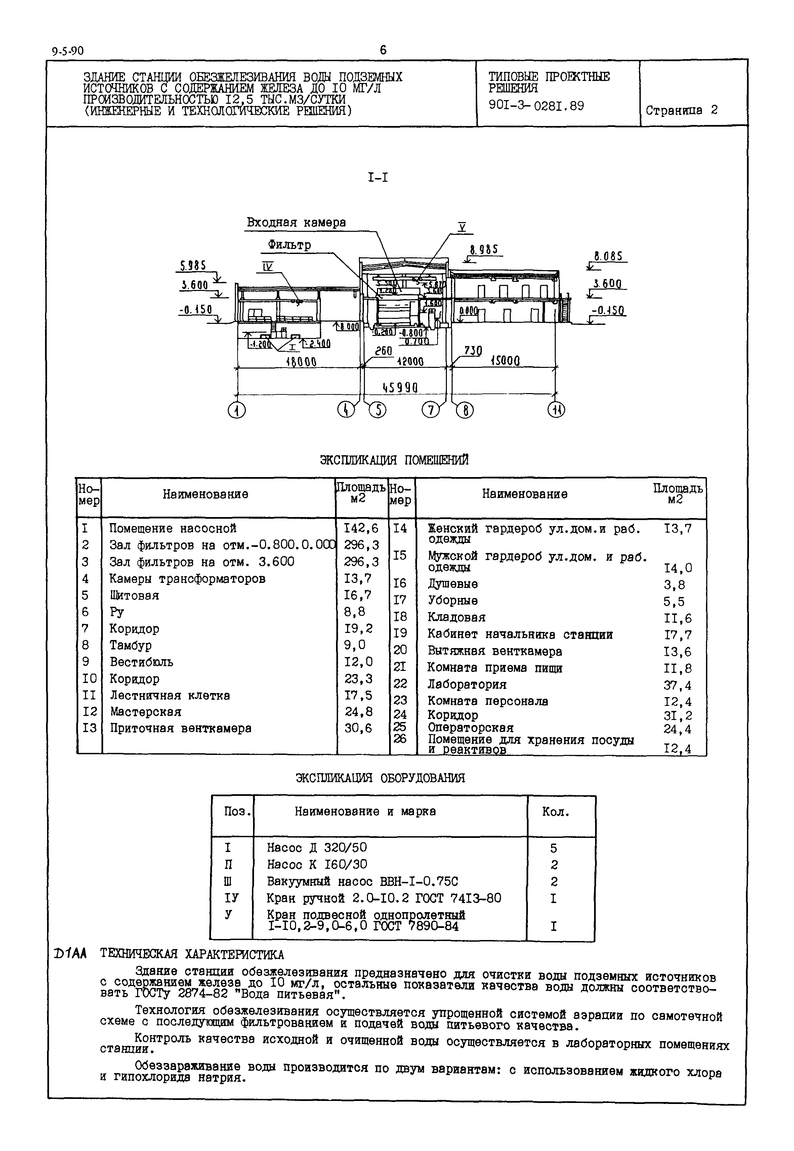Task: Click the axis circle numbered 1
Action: click(237, 410)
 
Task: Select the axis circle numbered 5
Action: click(378, 410)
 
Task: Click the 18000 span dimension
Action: click(301, 361)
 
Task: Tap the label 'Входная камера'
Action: click(296, 222)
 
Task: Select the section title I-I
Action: click(378, 177)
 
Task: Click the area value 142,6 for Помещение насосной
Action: click(361, 528)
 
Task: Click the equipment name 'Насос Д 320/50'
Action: click(317, 847)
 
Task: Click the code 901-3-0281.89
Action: click(536, 105)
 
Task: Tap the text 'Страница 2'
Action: click(681, 111)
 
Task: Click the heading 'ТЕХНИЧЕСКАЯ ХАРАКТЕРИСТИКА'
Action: click(192, 954)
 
